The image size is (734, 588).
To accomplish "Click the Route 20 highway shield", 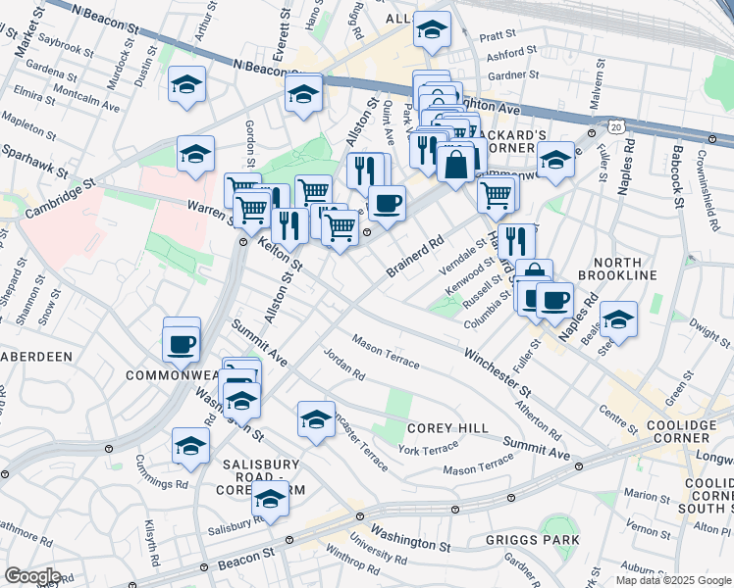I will (615, 127).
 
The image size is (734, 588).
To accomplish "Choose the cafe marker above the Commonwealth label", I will (183, 344).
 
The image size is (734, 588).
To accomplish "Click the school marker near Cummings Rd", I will (190, 446).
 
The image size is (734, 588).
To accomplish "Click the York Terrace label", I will (428, 450).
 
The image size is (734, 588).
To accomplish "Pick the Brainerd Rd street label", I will (416, 255).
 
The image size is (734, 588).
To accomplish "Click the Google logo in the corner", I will (31, 576).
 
